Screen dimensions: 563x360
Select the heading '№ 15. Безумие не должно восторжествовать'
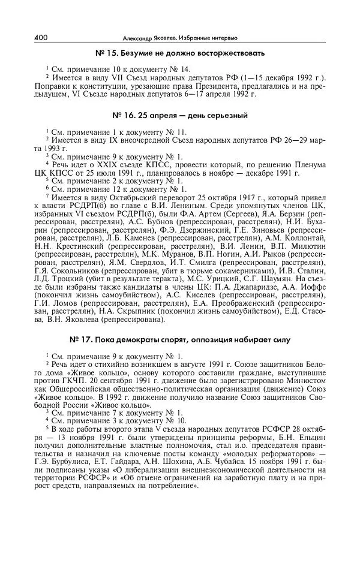pyautogui.click(x=179, y=53)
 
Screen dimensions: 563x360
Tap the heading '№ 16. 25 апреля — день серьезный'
pyautogui.click(x=179, y=115)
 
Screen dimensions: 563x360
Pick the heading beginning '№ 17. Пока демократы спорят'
pyautogui.click(x=179, y=340)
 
